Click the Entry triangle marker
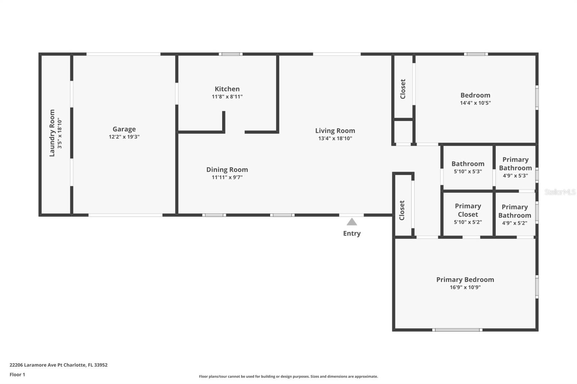click(352, 222)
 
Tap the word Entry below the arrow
click(352, 233)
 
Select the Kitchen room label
click(227, 89)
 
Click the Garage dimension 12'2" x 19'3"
click(124, 137)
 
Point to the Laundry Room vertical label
click(52, 133)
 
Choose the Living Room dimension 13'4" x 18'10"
click(335, 138)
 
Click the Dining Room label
click(227, 170)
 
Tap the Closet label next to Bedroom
click(403, 89)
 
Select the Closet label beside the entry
click(402, 210)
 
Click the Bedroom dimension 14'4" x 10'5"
click(475, 103)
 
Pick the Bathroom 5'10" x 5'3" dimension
click(468, 171)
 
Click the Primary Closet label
click(468, 210)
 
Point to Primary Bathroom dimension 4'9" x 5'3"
click(515, 176)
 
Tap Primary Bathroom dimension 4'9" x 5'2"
click(514, 223)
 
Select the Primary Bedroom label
click(465, 280)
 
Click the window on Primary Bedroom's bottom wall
click(457, 330)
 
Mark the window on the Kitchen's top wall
click(230, 54)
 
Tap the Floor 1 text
click(17, 375)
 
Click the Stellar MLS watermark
click(560, 192)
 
